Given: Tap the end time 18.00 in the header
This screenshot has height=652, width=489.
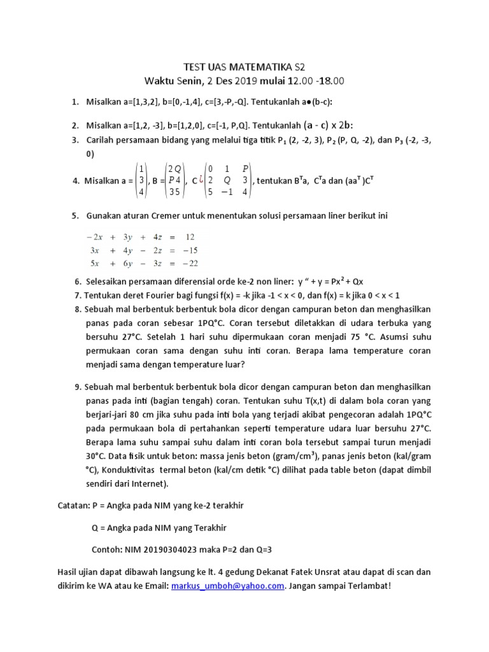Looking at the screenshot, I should pos(330,81).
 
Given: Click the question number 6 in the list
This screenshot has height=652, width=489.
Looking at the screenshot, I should pos(78,281).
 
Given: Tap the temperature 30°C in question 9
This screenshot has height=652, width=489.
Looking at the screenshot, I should pos(96,457).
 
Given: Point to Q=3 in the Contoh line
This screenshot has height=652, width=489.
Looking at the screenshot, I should pos(269,549).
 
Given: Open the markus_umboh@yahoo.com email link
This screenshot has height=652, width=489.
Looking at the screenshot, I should pos(226,586).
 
